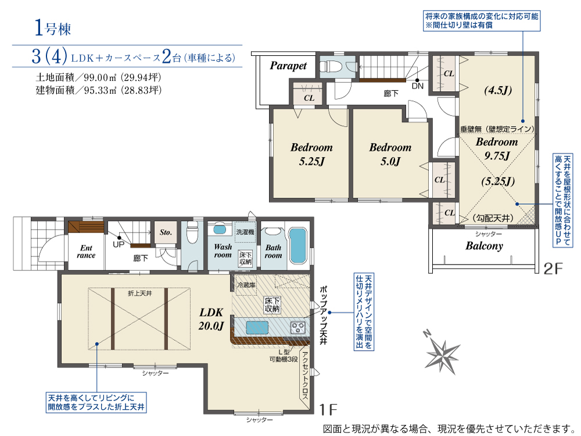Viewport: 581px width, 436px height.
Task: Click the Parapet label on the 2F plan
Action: (x=288, y=66)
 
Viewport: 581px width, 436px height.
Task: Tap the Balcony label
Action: (x=484, y=246)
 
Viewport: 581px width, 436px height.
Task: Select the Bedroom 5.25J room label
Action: (x=311, y=154)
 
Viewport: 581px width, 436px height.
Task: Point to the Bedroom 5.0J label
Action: (x=390, y=154)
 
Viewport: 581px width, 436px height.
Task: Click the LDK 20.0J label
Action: (x=211, y=319)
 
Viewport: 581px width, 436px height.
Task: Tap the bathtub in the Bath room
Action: (x=297, y=245)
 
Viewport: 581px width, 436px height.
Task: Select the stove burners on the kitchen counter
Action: (x=298, y=327)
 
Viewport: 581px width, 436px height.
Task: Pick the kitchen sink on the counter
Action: (x=257, y=327)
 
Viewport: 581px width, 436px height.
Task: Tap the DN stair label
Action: (x=418, y=86)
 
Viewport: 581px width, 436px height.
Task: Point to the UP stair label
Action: (x=119, y=244)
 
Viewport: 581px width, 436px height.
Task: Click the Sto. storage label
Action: (x=166, y=233)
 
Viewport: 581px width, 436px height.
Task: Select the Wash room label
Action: (x=223, y=251)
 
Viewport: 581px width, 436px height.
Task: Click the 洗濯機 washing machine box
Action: (x=245, y=232)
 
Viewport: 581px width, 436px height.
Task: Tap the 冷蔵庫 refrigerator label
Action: (x=246, y=285)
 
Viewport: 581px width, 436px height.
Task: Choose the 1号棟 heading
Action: (x=53, y=28)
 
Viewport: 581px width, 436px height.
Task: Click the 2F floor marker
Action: (x=553, y=269)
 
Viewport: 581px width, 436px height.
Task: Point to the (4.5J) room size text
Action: (x=498, y=90)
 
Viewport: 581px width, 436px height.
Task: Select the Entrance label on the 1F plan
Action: (x=86, y=251)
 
